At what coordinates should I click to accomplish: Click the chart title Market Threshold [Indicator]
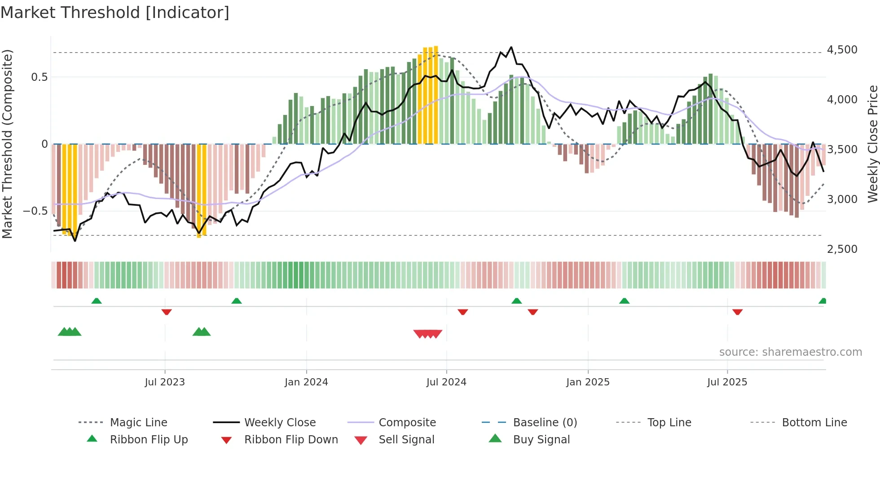coord(115,13)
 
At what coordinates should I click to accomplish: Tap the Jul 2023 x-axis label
coord(165,382)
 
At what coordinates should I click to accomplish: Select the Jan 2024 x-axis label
coord(306,382)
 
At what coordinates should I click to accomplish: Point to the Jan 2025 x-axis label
coord(588,382)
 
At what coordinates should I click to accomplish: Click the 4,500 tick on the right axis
coord(842,50)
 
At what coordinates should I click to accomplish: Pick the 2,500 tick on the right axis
coord(842,249)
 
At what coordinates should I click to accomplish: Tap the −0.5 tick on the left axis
coord(35,211)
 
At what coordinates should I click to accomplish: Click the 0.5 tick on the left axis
coord(39,77)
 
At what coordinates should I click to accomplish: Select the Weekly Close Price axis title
coord(872,144)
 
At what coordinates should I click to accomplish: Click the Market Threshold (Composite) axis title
coord(7,144)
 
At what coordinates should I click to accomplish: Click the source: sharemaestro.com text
coord(790,352)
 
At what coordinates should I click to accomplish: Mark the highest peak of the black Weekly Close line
coord(511,47)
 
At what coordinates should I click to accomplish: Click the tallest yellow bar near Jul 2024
coord(436,94)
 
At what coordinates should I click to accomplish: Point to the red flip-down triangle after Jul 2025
coord(737,312)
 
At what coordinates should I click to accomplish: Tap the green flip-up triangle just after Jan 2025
coord(624,301)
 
